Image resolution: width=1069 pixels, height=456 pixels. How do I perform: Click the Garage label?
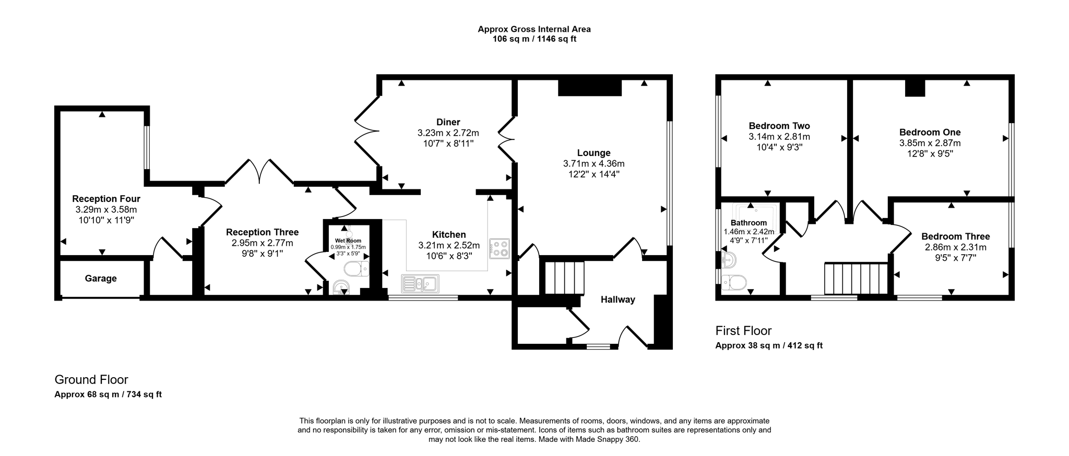pyautogui.click(x=101, y=279)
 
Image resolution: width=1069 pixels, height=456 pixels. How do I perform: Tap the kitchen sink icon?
pyautogui.click(x=420, y=284)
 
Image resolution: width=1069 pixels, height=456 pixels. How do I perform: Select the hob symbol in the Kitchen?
pyautogui.click(x=500, y=248)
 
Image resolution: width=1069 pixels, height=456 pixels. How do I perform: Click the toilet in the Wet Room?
pyautogui.click(x=356, y=269)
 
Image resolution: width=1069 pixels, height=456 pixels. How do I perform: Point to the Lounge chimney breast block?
pyautogui.click(x=590, y=88)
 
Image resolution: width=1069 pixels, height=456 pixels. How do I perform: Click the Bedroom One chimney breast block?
pyautogui.click(x=914, y=88)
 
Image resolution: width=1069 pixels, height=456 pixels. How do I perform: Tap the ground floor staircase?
pyautogui.click(x=564, y=279)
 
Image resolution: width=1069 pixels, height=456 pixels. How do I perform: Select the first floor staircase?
pyautogui.click(x=856, y=279)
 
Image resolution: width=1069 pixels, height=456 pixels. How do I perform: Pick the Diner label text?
pyautogui.click(x=448, y=122)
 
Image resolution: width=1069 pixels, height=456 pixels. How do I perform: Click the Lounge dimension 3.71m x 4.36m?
pyautogui.click(x=593, y=163)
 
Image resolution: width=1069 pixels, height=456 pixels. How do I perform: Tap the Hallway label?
pyautogui.click(x=617, y=299)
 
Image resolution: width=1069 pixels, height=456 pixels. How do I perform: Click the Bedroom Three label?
pyautogui.click(x=955, y=236)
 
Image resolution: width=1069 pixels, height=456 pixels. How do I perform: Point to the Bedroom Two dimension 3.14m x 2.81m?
pyautogui.click(x=779, y=137)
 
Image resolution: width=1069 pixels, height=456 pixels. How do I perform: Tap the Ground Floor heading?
pyautogui.click(x=91, y=380)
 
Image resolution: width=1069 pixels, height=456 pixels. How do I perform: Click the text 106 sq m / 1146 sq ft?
pyautogui.click(x=534, y=39)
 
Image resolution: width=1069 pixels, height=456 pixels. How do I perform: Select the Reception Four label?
pyautogui.click(x=106, y=199)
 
